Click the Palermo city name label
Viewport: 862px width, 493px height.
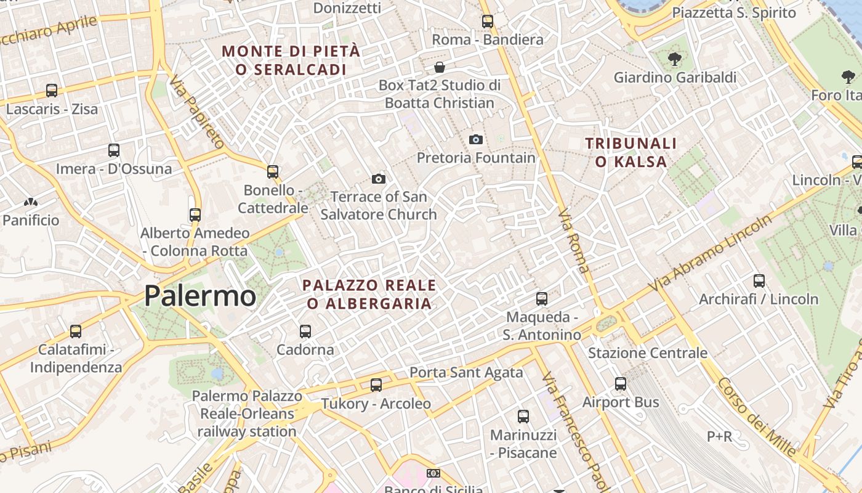[200, 296]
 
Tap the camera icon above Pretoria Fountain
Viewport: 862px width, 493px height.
[476, 140]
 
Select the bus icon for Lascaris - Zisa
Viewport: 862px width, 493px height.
[52, 91]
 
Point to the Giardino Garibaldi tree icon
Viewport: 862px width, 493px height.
[675, 59]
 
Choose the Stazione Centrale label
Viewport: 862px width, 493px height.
[648, 353]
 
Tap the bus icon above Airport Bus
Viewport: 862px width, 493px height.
[621, 384]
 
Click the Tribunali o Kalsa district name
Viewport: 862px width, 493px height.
[631, 153]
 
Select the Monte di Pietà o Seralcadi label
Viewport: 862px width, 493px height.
[291, 60]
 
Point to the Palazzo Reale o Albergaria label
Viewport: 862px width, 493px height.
[369, 295]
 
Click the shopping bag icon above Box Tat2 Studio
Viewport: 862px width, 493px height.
[440, 67]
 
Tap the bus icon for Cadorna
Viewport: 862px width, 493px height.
[305, 332]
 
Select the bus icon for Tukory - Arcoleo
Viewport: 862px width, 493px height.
[376, 385]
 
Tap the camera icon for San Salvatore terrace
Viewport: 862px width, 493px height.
[379, 179]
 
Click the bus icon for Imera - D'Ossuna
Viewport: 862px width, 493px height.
[114, 150]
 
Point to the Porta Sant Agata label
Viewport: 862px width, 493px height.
[466, 372]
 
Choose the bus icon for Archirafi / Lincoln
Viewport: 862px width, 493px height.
[759, 281]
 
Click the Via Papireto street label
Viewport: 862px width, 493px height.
[197, 112]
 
